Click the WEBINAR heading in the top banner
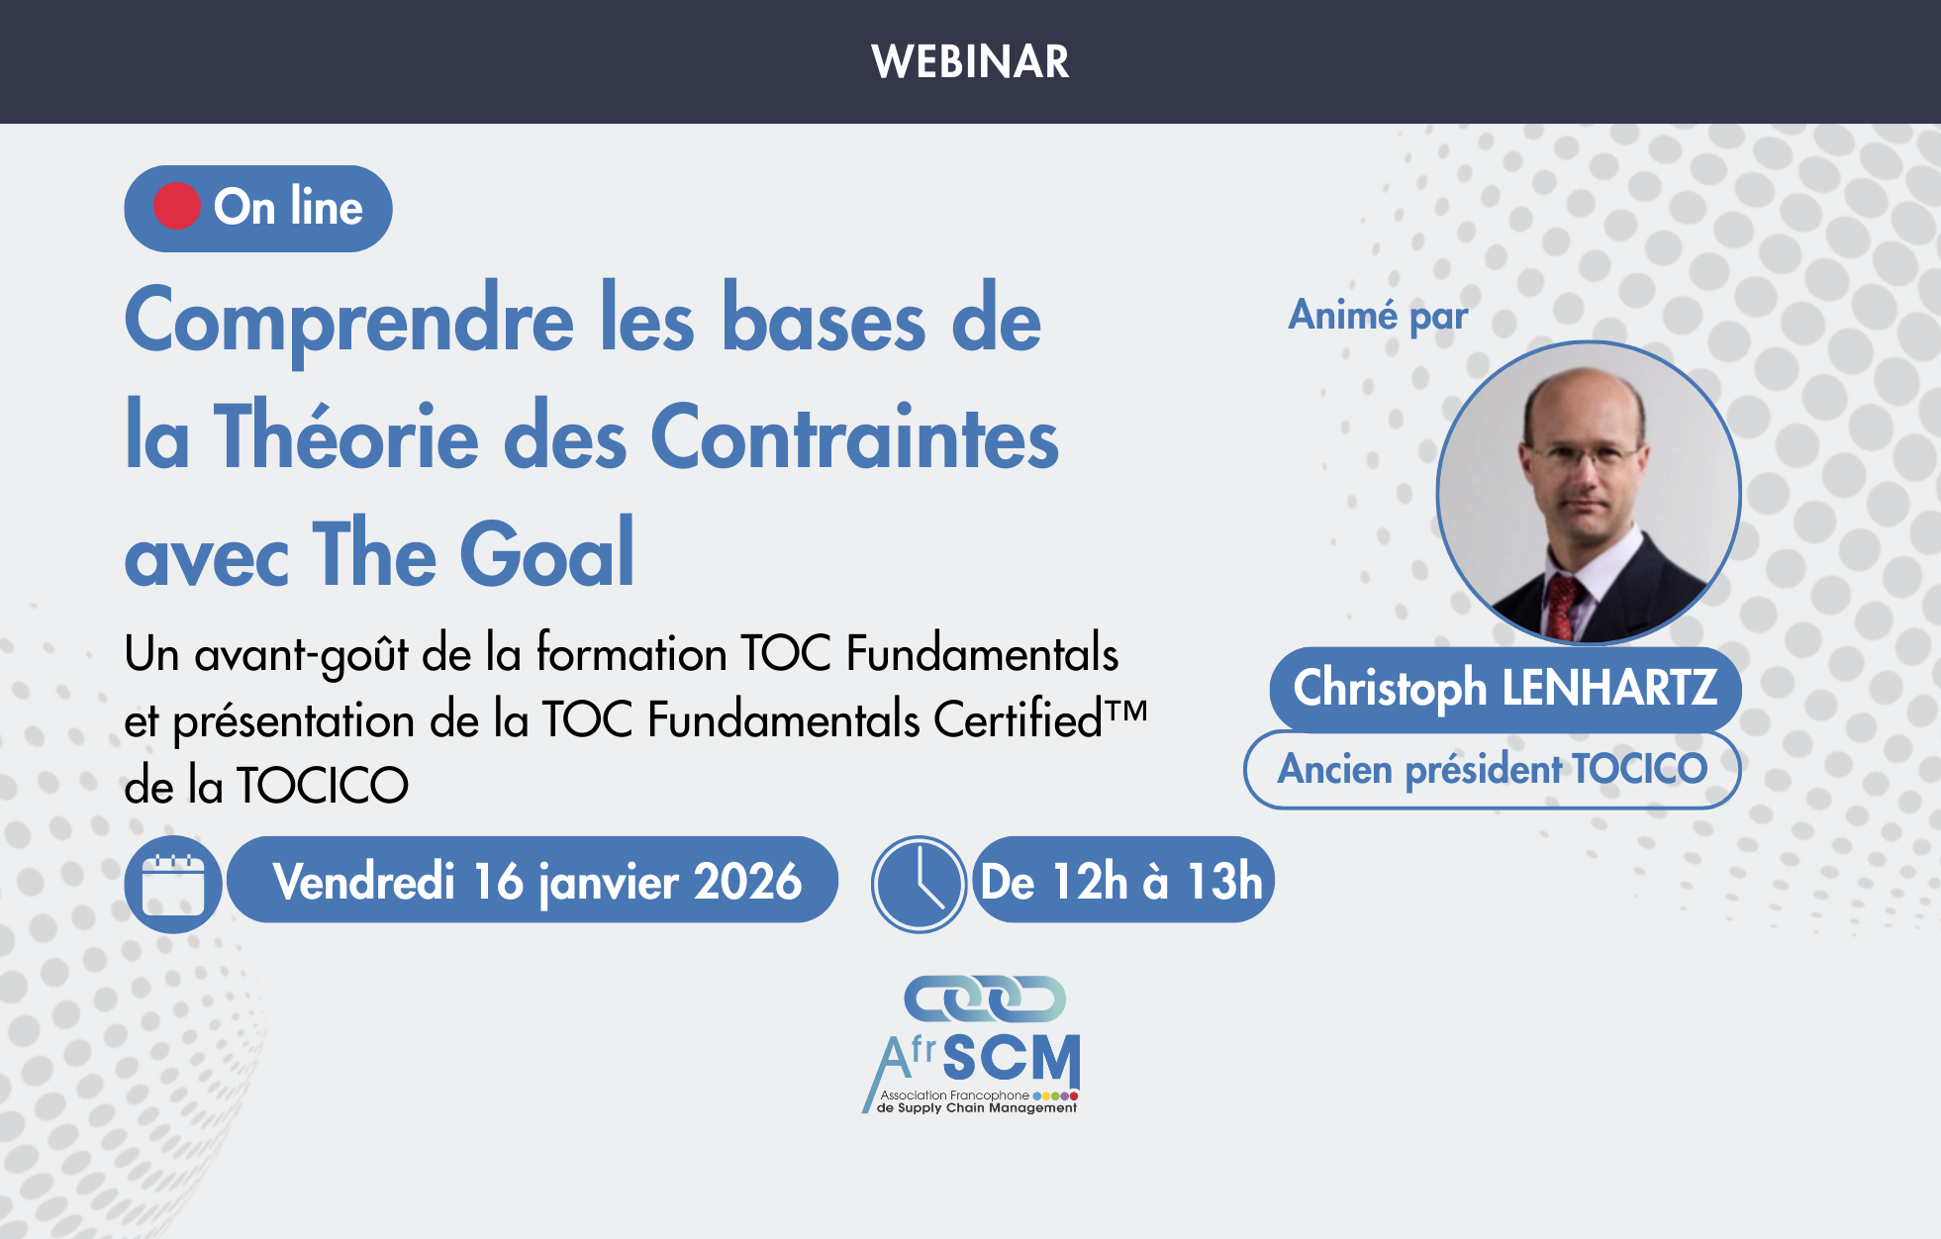[970, 61]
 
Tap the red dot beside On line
[177, 207]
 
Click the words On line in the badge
[288, 207]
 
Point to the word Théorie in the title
[346, 438]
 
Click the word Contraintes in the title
[854, 438]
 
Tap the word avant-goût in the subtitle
[301, 654]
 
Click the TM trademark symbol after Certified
[1127, 710]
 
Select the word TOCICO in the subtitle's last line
[322, 786]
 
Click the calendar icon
[173, 884]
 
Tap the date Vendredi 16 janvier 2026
[536, 881]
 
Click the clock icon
[918, 884]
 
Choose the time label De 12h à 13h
[1121, 881]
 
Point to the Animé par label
[1378, 316]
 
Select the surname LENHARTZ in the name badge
[1609, 688]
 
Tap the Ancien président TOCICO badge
[1492, 769]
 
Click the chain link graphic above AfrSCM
[985, 999]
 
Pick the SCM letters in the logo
[1011, 1059]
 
